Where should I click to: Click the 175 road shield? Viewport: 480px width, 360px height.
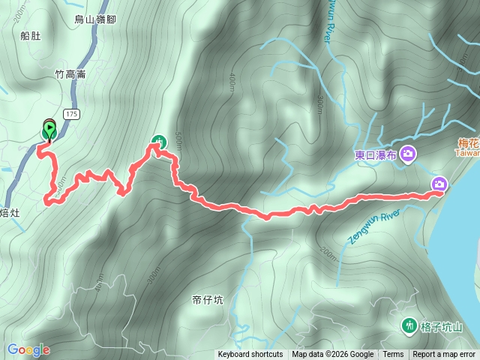(x=71, y=114)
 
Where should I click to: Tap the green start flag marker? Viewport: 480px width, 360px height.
(x=49, y=130)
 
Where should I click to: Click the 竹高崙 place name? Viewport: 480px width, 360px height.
(x=71, y=74)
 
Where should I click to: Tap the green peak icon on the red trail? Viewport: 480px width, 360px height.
(x=159, y=140)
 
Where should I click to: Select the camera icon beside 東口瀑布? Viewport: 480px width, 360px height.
(x=408, y=154)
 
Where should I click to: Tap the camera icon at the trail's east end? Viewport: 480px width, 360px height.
(x=439, y=184)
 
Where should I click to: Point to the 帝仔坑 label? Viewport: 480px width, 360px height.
(x=207, y=300)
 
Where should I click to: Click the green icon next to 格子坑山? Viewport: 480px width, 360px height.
(x=409, y=325)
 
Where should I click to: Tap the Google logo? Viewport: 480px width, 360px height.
(x=28, y=349)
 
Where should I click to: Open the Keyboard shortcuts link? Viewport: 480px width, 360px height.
(x=250, y=355)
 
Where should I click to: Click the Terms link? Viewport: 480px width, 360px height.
(x=393, y=355)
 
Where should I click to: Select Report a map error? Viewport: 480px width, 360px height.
(x=444, y=355)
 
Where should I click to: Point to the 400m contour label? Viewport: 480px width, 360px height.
(x=229, y=79)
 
